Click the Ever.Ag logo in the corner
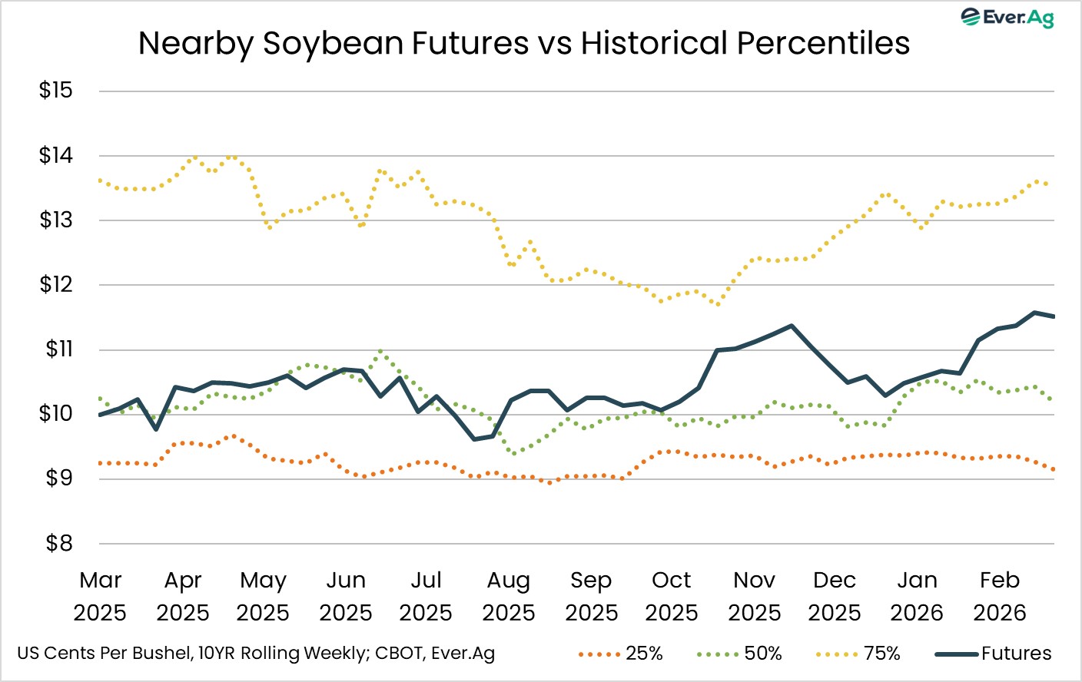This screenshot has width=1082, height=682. (1007, 17)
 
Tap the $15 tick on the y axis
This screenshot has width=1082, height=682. (55, 91)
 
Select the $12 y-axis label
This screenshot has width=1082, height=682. (55, 285)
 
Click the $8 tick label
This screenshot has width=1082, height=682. (58, 544)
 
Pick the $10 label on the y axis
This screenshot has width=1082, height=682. (55, 414)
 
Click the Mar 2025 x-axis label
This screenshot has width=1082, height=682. (100, 596)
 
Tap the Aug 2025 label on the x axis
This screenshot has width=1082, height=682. (508, 596)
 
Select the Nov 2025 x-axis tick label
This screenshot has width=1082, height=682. (754, 596)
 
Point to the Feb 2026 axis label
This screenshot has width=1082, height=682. (999, 596)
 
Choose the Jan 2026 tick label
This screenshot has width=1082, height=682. (917, 596)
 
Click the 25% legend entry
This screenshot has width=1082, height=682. (620, 654)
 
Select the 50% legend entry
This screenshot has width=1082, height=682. (739, 654)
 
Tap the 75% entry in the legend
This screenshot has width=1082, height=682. (858, 654)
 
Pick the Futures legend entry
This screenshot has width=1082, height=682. (994, 654)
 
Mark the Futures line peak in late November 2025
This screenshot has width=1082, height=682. (791, 326)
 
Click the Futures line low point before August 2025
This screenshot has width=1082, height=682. (474, 439)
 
